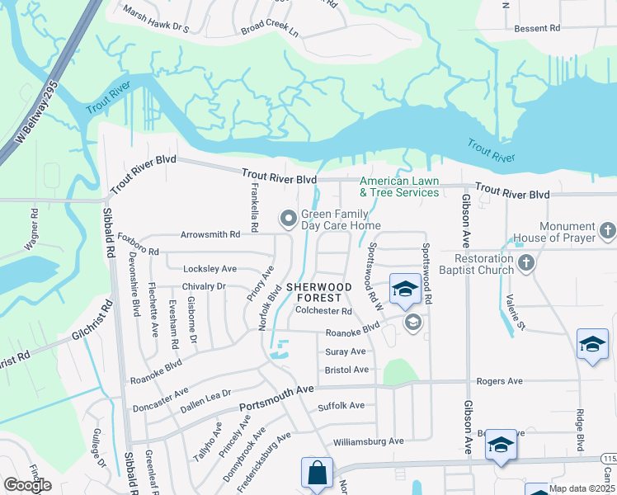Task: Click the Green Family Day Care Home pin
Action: tap(288, 219)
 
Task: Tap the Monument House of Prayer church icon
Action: tap(608, 229)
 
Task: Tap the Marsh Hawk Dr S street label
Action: tap(157, 21)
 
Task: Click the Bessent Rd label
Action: tap(537, 28)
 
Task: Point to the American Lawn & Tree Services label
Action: tap(399, 186)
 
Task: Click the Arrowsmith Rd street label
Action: tap(211, 234)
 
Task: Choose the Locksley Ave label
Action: tap(210, 269)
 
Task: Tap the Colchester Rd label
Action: tap(323, 312)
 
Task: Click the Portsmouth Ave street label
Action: tap(277, 398)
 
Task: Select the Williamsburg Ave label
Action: tap(368, 441)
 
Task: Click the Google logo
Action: tap(28, 485)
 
